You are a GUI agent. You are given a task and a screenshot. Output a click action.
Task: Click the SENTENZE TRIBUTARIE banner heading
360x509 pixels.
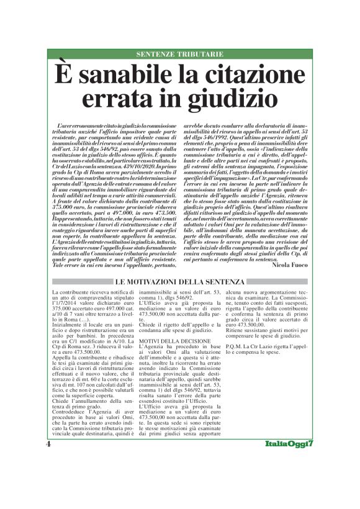point(179,55)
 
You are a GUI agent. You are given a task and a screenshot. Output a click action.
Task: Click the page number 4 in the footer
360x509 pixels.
point(48,445)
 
